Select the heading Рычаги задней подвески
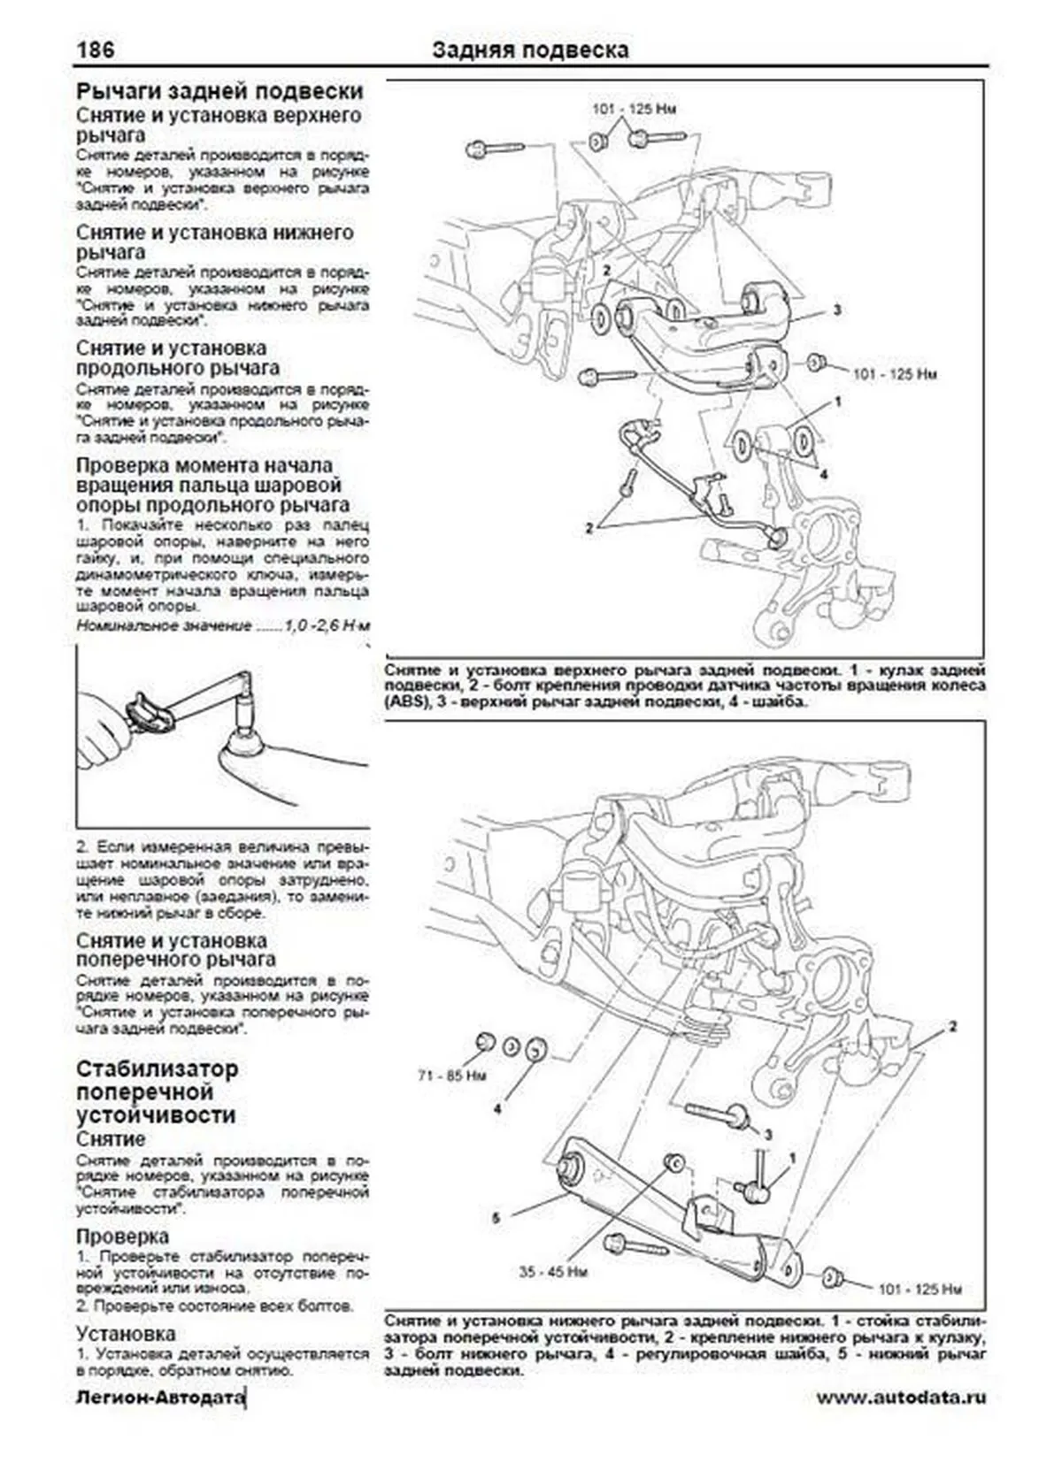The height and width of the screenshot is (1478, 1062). (x=219, y=91)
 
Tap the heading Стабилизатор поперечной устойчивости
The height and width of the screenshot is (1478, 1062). (x=157, y=1091)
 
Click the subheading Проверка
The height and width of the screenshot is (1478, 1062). (x=122, y=1236)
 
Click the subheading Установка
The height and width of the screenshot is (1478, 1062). (x=126, y=1333)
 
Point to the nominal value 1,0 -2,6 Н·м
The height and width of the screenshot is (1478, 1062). (x=327, y=625)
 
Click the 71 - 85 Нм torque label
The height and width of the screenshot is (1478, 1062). (x=452, y=1076)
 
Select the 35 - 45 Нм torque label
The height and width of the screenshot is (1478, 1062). (x=554, y=1272)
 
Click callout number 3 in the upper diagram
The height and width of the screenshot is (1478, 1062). (x=836, y=310)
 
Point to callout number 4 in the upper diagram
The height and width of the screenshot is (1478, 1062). (x=824, y=474)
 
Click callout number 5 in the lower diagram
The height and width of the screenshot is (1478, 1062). (x=496, y=1218)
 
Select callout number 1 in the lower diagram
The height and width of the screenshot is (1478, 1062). (x=792, y=1158)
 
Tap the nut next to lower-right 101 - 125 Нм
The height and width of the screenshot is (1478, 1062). (x=833, y=1276)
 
